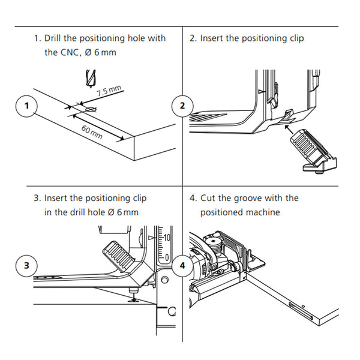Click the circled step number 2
click(182, 106)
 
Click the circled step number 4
click(182, 264)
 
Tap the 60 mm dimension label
click(92, 132)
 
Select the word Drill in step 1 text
click(55, 38)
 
